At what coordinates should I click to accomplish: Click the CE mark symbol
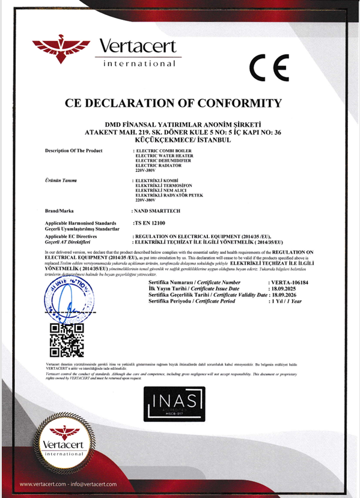[269, 67]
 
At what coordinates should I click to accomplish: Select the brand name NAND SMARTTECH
[158, 212]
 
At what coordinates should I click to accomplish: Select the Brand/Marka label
[59, 212]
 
